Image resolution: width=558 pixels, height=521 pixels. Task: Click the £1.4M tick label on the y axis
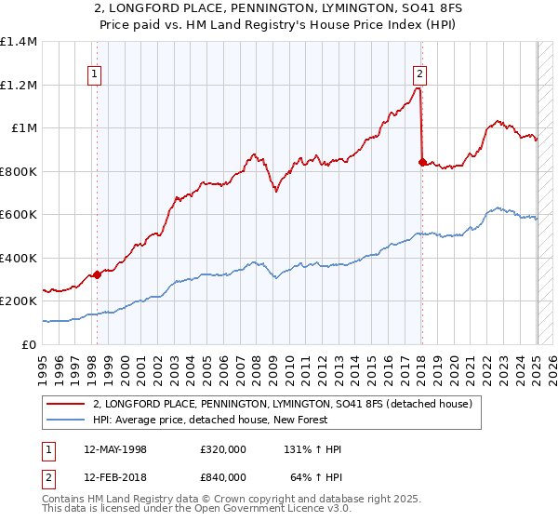pyautogui.click(x=19, y=42)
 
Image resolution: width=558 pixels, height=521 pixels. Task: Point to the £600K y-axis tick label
pyautogui.click(x=19, y=215)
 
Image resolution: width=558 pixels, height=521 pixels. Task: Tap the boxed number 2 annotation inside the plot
pyautogui.click(x=420, y=75)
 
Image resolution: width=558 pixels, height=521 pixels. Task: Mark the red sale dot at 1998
pyautogui.click(x=97, y=275)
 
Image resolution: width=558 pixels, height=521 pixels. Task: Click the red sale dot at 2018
pyautogui.click(x=422, y=163)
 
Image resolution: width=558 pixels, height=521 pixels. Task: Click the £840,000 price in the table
pyautogui.click(x=223, y=477)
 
